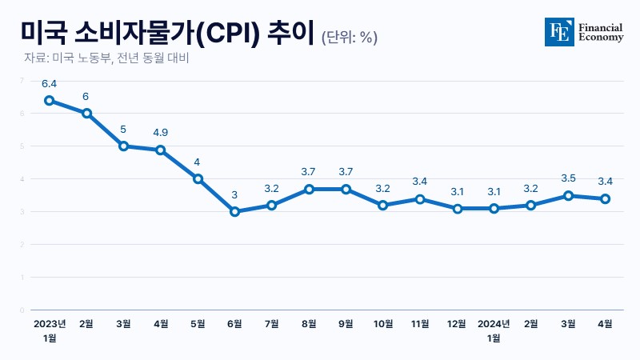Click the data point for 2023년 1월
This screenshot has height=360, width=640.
click(x=50, y=101)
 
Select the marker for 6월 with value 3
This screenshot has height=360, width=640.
click(x=234, y=212)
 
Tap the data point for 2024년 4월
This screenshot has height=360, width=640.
click(x=606, y=198)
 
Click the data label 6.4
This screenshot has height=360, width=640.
click(x=50, y=83)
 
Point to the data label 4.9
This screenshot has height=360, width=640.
click(x=160, y=133)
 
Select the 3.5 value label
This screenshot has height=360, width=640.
click(x=568, y=178)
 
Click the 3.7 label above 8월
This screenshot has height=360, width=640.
click(x=309, y=172)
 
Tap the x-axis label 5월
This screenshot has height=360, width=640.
click(x=198, y=324)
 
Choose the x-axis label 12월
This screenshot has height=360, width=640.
click(x=457, y=324)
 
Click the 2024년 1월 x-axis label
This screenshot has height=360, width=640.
click(x=494, y=330)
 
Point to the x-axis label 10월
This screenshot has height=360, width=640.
click(x=383, y=324)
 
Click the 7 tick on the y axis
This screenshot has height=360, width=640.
click(x=22, y=81)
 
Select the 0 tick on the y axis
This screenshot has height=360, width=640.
click(x=22, y=310)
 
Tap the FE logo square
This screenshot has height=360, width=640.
click(x=559, y=32)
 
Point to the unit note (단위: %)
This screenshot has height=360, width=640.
click(x=350, y=37)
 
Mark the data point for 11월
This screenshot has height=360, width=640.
click(x=420, y=198)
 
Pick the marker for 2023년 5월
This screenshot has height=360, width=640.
click(x=198, y=179)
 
